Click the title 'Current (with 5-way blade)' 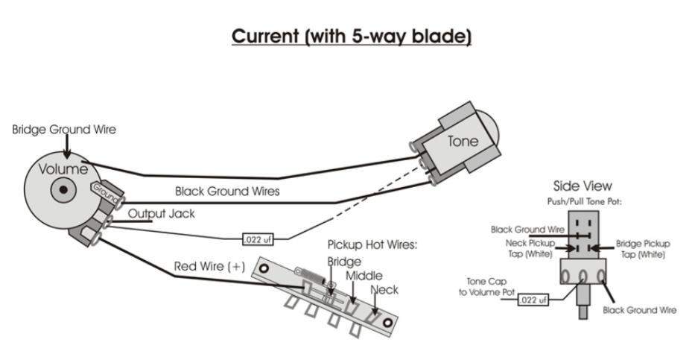coord(352,37)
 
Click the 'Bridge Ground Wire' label coord(64,129)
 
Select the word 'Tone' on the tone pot coord(463,141)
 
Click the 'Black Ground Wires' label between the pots coord(227,191)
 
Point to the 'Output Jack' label coord(161,214)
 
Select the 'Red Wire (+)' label coord(209,266)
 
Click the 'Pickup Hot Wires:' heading coord(372,245)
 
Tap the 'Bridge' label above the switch coord(344,262)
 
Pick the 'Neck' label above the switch coord(384,289)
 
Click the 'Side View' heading coord(583,186)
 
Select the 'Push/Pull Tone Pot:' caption coord(583,201)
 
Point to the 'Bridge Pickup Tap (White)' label coord(643,249)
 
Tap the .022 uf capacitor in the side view coord(533,300)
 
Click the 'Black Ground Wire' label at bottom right coord(639,310)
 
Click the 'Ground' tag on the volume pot coord(105,196)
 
